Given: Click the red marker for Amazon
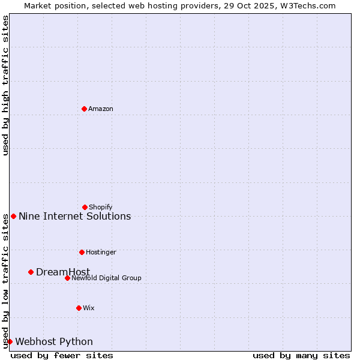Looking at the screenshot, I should (x=84, y=109).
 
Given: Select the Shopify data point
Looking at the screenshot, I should (x=85, y=207).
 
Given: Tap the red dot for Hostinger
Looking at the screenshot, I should (x=82, y=252).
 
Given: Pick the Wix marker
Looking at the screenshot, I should (x=79, y=308).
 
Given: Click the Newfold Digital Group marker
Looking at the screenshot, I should (x=67, y=278).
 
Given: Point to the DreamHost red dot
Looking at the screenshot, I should (x=31, y=272).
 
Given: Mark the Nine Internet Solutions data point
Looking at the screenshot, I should (x=13, y=216).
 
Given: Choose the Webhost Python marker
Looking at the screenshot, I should (x=10, y=341).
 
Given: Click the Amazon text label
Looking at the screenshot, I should (x=101, y=109).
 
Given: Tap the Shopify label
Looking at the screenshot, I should (x=101, y=207).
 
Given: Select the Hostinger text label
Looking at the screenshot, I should (x=101, y=252).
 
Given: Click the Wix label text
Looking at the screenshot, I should (x=89, y=308).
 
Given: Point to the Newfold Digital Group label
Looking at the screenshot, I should (x=106, y=278).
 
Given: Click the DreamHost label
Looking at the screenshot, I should (x=63, y=272).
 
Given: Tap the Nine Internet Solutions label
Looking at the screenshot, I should (x=74, y=216).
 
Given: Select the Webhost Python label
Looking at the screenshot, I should (x=54, y=341).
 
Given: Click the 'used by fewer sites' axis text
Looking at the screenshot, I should (x=62, y=355).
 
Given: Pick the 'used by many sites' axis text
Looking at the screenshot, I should (x=301, y=355).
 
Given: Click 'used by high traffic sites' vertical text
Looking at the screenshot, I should (x=5, y=85).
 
